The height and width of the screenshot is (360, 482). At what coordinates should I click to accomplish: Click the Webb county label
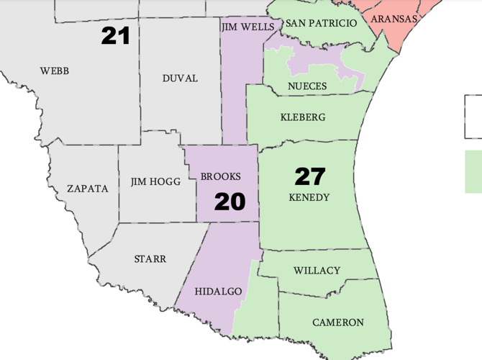pos(55,71)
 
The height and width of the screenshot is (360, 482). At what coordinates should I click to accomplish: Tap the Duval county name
pos(180,78)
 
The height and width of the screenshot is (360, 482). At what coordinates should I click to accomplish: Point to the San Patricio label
pos(321,24)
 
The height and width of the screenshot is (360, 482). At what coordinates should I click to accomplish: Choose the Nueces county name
pos(307,86)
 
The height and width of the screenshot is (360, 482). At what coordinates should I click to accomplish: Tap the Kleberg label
pos(302,117)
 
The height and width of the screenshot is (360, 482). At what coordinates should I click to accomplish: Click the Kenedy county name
pos(309,197)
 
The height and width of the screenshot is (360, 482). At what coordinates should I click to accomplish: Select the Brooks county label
pos(221,176)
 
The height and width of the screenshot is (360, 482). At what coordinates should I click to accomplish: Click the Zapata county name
pos(87,189)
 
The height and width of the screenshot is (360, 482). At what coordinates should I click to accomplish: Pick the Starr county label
pos(150,258)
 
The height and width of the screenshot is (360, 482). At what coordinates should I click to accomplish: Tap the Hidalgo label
pos(219,291)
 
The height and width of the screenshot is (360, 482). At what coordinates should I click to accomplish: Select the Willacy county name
pos(317,271)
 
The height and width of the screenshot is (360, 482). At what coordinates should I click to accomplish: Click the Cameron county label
pos(338,322)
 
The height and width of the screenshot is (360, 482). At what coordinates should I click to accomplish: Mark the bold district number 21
pos(115,35)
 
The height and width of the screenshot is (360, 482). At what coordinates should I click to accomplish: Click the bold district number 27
pos(310,176)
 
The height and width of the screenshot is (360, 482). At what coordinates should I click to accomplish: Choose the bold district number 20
pos(230,202)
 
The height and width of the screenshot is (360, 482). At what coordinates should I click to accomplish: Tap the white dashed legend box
pos(473,117)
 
